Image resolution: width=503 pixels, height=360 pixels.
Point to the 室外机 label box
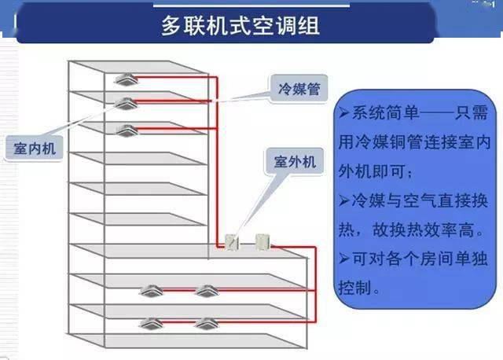(295, 162)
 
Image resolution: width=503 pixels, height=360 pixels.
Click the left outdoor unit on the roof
(232, 242)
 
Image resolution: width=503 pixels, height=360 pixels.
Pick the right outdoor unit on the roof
(261, 241)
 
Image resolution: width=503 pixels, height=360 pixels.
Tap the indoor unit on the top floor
(127, 79)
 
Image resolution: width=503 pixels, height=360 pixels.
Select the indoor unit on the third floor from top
(127, 130)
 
